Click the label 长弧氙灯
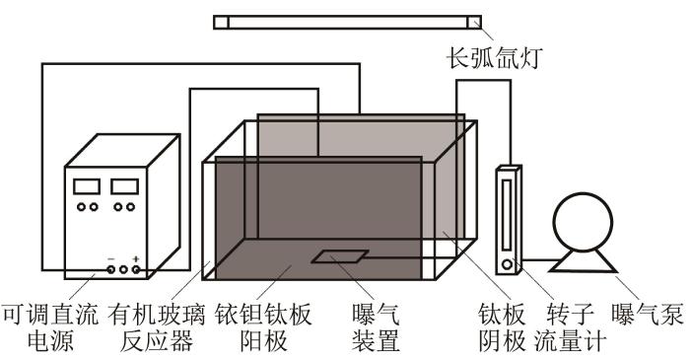point(495,57)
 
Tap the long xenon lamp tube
point(348,22)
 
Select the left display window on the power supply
point(87,186)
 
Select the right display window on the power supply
point(124,186)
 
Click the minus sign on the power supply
point(111,258)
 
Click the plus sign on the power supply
point(136,258)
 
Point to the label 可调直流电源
point(49,326)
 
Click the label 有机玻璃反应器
point(156,326)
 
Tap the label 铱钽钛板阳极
point(263,326)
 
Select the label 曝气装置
point(376,326)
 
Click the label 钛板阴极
point(502,326)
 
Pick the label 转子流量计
point(571,326)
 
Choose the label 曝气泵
point(648,315)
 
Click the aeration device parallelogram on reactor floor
point(340,256)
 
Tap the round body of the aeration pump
point(583,222)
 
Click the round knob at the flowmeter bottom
point(508,264)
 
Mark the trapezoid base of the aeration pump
point(584,261)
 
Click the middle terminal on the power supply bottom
point(123,269)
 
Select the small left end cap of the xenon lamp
point(221,22)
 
